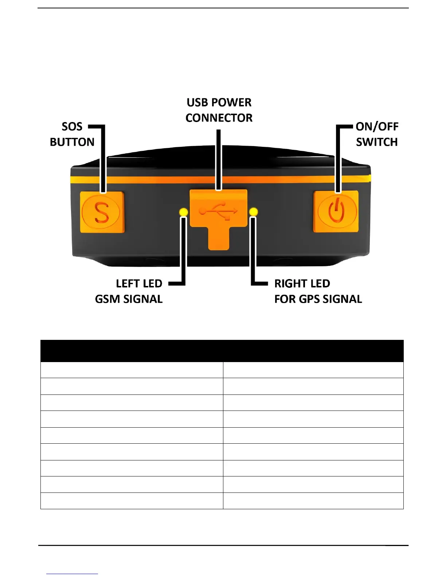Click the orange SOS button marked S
(102, 212)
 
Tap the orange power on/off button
(336, 211)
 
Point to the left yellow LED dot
(184, 212)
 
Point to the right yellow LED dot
(253, 212)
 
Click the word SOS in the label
(72, 127)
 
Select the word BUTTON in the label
(72, 142)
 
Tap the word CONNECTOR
(219, 118)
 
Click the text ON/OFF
(377, 127)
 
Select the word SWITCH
(377, 142)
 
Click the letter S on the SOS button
(102, 213)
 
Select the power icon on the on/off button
(336, 211)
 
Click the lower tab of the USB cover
(219, 239)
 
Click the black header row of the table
(222, 351)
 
